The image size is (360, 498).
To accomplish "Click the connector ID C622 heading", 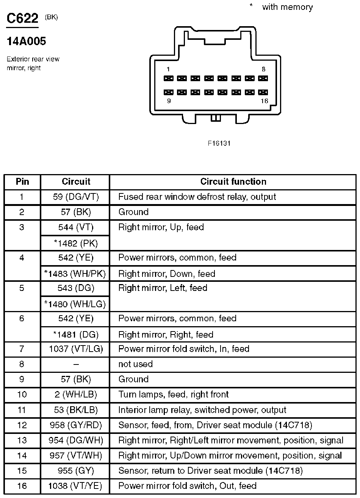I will [22, 19].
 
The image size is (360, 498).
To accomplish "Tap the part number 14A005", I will [26, 41].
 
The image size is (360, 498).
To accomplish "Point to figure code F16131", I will [219, 143].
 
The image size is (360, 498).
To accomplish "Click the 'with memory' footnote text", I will [287, 7].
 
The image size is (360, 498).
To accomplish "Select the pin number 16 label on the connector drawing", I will [264, 101].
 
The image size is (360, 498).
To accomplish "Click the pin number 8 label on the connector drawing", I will [263, 69].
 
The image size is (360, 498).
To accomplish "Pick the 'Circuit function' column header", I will [233, 182].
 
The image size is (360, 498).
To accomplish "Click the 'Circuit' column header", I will [76, 182].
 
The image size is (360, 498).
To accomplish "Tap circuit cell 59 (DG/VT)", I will [76, 197].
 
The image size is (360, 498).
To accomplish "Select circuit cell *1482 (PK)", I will [76, 244].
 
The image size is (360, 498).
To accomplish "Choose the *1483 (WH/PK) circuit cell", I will [75, 274].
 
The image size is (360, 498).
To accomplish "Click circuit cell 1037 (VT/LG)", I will [76, 349].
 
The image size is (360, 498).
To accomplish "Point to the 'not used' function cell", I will [135, 364].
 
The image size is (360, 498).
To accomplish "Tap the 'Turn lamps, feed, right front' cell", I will [174, 394].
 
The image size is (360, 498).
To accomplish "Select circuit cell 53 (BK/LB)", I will [76, 410].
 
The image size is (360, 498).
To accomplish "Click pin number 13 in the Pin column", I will [22, 440].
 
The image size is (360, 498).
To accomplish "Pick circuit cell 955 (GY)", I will [76, 471].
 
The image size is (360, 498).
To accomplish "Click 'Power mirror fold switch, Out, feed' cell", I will [187, 486].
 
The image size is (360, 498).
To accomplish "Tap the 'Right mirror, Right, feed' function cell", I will [166, 335].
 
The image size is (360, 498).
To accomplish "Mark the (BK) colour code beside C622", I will [51, 17].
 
